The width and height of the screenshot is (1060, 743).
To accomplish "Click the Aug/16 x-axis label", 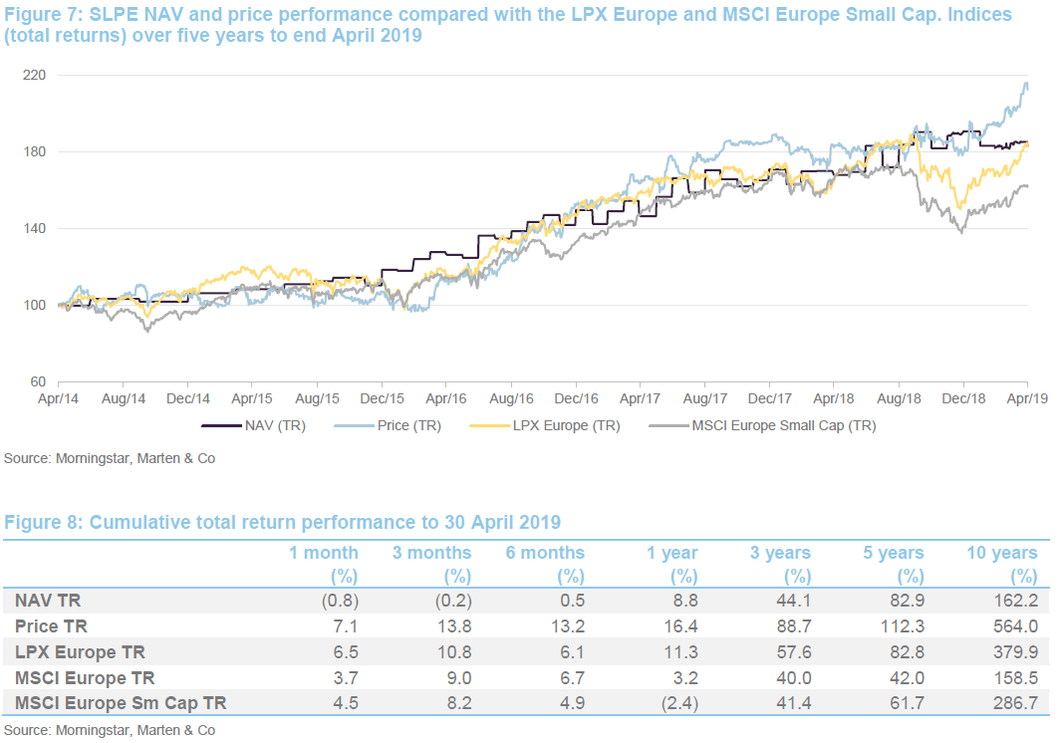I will pyautogui.click(x=510, y=398).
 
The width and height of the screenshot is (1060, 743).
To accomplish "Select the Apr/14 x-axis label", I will pyautogui.click(x=58, y=398).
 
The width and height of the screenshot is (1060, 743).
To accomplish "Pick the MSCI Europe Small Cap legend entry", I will pyautogui.click(x=762, y=425).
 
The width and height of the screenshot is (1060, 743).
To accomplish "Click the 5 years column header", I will pyautogui.click(x=896, y=553).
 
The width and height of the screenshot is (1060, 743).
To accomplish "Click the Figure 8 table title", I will pyautogui.click(x=283, y=522).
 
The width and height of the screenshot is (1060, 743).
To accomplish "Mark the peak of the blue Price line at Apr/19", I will pyautogui.click(x=1026, y=84).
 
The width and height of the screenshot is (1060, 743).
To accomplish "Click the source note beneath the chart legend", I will pyautogui.click(x=110, y=458).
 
